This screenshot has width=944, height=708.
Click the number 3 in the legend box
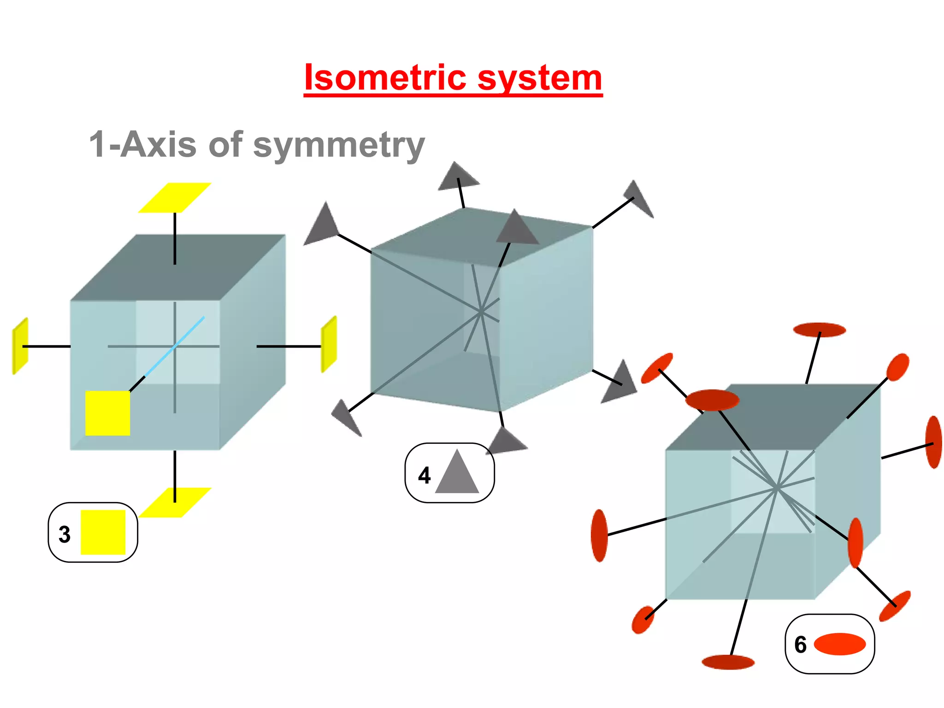tap(65, 534)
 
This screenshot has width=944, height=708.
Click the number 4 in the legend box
tap(424, 475)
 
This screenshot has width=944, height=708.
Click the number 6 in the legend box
tap(800, 644)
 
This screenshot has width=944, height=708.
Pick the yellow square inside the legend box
tap(103, 532)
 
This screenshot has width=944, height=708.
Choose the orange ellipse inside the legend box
tap(840, 644)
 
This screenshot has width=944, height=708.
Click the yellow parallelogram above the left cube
tap(175, 198)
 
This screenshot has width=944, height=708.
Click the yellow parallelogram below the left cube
tap(175, 502)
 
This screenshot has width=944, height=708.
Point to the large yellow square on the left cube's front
tap(107, 413)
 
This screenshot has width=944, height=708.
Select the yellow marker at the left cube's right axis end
tap(329, 344)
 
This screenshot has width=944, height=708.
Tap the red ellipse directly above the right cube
tap(819, 330)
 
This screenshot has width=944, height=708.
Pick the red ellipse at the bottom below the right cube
tap(728, 662)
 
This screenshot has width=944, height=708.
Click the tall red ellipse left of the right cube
tap(599, 536)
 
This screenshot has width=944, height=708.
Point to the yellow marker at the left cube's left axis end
tap(20, 346)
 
